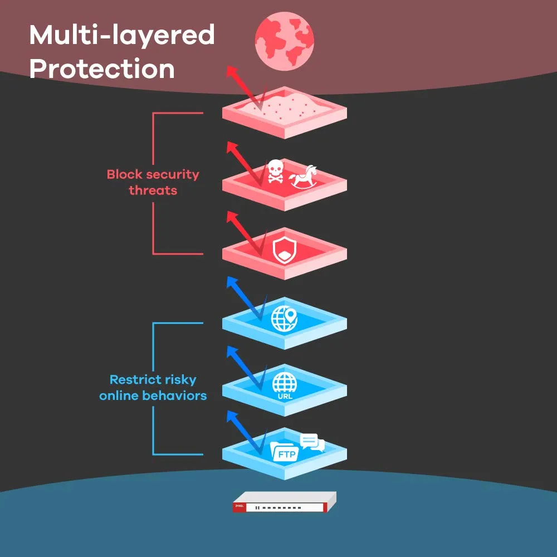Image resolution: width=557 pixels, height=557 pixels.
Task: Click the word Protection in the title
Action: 102,69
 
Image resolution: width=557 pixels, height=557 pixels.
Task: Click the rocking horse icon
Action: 304,176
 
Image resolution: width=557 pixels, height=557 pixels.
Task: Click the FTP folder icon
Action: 284,451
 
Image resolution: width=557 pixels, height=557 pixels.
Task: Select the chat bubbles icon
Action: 311,442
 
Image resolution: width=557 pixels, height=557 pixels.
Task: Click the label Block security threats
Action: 153,182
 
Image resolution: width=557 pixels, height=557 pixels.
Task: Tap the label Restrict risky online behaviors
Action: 153,388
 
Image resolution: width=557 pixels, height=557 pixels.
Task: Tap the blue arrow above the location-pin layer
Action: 242,295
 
